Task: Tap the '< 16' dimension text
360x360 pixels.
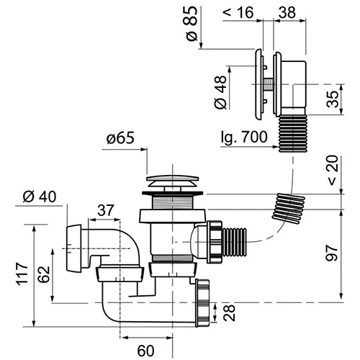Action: [x=238, y=12]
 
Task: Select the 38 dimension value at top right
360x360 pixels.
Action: [x=287, y=12]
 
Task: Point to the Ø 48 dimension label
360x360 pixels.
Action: [x=220, y=92]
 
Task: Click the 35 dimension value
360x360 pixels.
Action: [x=333, y=99]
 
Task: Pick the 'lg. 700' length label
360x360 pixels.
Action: [x=244, y=137]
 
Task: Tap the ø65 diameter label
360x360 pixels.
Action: [x=120, y=138]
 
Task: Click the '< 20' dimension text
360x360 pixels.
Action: [x=333, y=170]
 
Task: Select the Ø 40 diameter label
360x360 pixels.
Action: [x=40, y=197]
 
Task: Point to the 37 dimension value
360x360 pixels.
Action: [x=105, y=210]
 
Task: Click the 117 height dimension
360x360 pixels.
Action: [x=22, y=274]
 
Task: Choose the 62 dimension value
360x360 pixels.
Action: [x=44, y=274]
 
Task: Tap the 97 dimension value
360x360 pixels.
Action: [x=332, y=253]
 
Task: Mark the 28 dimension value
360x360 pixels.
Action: [x=229, y=312]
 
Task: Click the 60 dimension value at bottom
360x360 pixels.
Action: [x=145, y=351]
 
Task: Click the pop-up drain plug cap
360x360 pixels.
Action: [x=173, y=181]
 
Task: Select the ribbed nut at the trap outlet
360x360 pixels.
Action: [x=202, y=303]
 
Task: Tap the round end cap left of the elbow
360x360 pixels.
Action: [x=73, y=248]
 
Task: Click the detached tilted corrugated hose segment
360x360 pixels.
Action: [x=289, y=208]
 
